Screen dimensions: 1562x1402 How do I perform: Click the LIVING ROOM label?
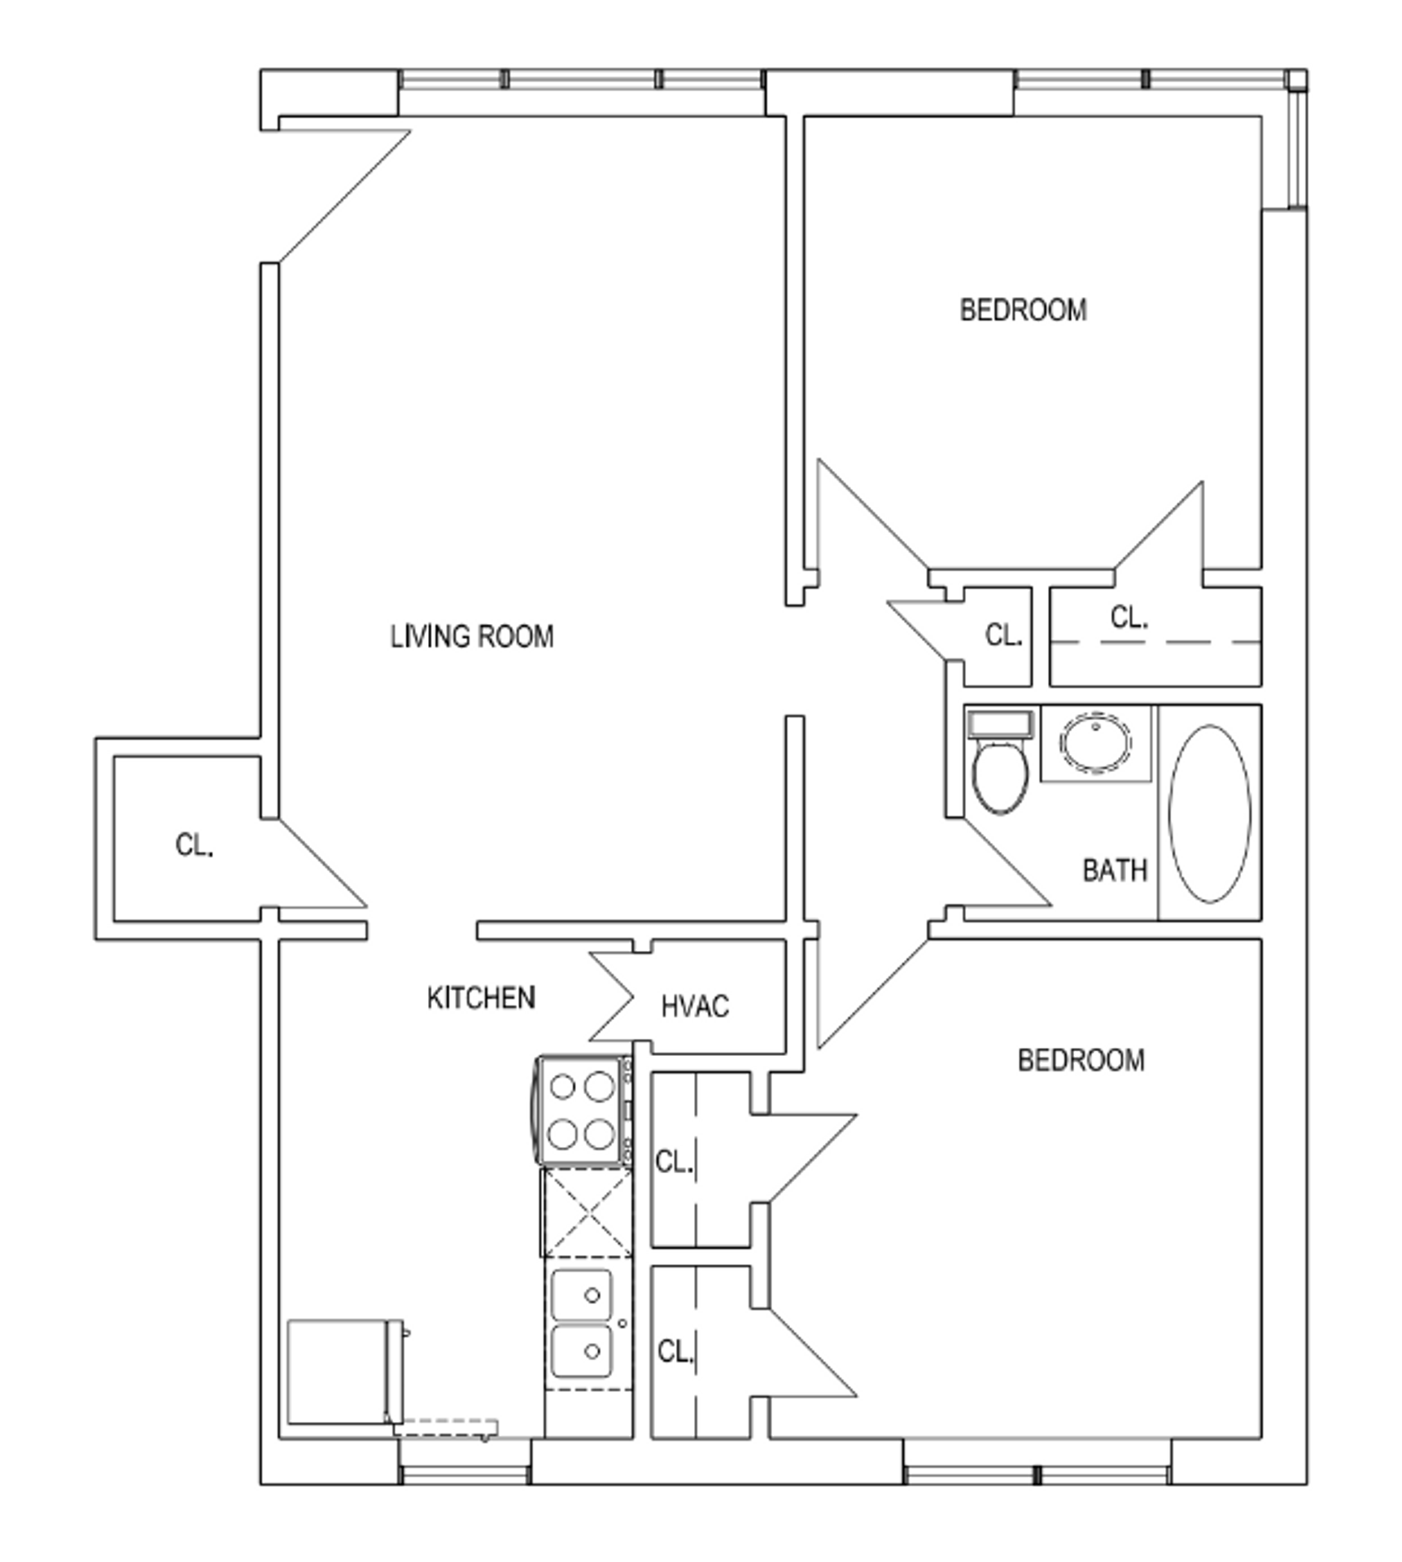(x=472, y=636)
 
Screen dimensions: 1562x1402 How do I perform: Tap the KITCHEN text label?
(x=481, y=997)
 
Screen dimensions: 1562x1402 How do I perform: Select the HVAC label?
(x=694, y=1006)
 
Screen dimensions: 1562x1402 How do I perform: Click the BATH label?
(x=1114, y=870)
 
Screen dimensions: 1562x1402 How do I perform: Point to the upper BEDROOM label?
(x=1023, y=310)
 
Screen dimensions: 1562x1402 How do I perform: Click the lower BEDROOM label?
(x=1081, y=1060)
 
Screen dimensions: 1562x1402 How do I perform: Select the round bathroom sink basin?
(x=1095, y=742)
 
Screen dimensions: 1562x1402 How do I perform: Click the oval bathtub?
(x=1210, y=814)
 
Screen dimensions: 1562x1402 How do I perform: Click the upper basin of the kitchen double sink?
(x=581, y=1295)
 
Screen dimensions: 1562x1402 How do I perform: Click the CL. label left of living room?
(x=194, y=845)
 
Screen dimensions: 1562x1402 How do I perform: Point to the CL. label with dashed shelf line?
(x=1129, y=618)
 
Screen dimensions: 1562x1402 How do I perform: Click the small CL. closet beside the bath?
(x=1002, y=635)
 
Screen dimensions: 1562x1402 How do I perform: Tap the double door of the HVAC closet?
(x=612, y=997)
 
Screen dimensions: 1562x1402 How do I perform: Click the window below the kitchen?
(x=465, y=1474)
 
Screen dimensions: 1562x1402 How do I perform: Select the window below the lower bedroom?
(x=1037, y=1474)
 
